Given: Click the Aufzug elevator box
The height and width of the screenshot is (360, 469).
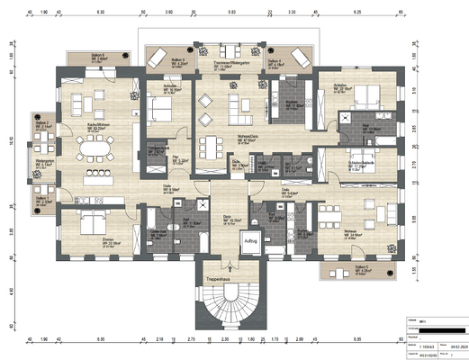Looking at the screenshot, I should (248, 241).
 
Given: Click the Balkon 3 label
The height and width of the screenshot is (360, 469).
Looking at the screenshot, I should (178, 63).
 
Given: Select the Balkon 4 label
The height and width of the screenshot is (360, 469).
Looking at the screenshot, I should (275, 63).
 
